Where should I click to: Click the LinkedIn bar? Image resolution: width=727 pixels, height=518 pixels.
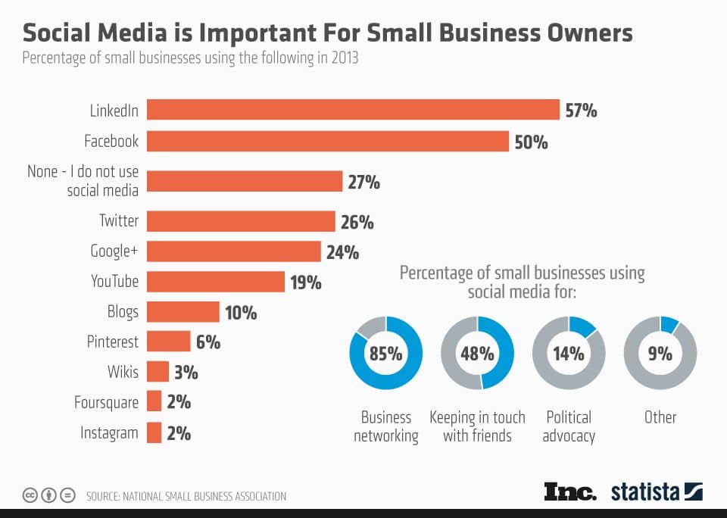tap(353, 110)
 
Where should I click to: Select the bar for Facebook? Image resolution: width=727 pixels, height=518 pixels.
tap(327, 141)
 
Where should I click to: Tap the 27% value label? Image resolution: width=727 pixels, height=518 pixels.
tap(363, 182)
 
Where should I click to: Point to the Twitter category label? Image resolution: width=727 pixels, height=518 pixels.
tap(119, 220)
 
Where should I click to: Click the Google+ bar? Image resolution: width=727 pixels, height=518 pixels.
tap(233, 251)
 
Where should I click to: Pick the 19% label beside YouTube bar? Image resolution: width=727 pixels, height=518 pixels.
tap(306, 282)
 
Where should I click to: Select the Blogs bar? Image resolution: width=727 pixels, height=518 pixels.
tap(183, 312)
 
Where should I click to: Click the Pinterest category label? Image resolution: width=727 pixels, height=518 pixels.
tap(112, 342)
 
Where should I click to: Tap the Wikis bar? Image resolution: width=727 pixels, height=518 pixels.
tap(158, 372)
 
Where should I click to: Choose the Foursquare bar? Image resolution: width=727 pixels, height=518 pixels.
tap(154, 402)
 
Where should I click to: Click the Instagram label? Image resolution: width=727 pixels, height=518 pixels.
tap(109, 432)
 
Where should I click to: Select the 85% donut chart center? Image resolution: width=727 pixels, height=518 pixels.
tap(385, 354)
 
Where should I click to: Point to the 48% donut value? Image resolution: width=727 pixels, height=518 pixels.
tap(477, 354)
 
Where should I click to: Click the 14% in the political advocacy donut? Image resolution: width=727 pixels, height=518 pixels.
tap(569, 354)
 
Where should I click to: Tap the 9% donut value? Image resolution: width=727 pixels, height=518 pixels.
tap(660, 354)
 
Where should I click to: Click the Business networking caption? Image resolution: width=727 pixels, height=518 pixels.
tap(385, 426)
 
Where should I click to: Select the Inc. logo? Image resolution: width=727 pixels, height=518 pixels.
tap(570, 492)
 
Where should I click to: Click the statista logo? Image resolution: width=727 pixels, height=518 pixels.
tap(657, 492)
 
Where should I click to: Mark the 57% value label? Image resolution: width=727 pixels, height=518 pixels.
tap(581, 111)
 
